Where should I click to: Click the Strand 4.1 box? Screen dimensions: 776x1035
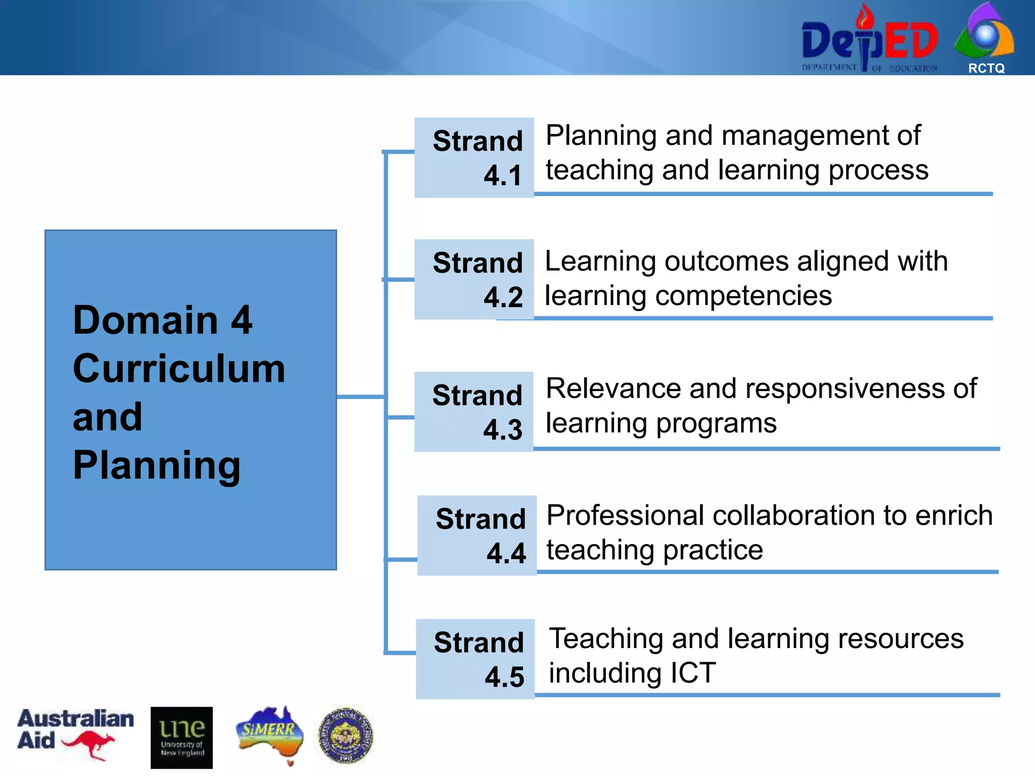pos(474,158)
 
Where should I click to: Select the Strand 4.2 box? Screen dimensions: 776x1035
pos(474,279)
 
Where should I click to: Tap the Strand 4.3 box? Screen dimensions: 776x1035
pos(474,412)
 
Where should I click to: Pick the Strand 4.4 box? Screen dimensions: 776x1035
pos(477,536)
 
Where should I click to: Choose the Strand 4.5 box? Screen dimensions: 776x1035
pos(475,659)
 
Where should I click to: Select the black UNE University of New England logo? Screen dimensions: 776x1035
pos(181,738)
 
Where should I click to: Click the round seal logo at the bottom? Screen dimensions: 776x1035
pos(346,735)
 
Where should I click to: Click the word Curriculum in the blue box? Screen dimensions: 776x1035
pos(179,369)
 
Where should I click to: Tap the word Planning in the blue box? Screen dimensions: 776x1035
pos(157,465)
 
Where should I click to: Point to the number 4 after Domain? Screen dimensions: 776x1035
pos(242,320)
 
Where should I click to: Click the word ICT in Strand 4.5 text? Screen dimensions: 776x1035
pos(693,673)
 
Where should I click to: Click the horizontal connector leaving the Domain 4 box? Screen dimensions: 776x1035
pos(360,397)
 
